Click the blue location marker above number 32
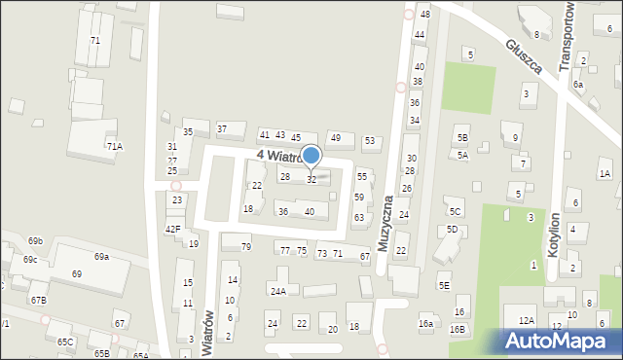point(311,155)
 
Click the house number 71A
point(115,146)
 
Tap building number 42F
point(172,229)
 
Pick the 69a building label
point(101,256)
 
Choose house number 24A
point(278,291)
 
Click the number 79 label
point(246,247)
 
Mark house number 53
point(370,141)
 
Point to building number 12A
point(527,320)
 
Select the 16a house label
point(425,323)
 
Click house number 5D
point(452,230)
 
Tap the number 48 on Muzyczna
point(424,15)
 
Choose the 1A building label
point(605,173)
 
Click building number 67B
point(38,301)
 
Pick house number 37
point(222,128)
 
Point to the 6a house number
point(578,85)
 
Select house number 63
point(358,218)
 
